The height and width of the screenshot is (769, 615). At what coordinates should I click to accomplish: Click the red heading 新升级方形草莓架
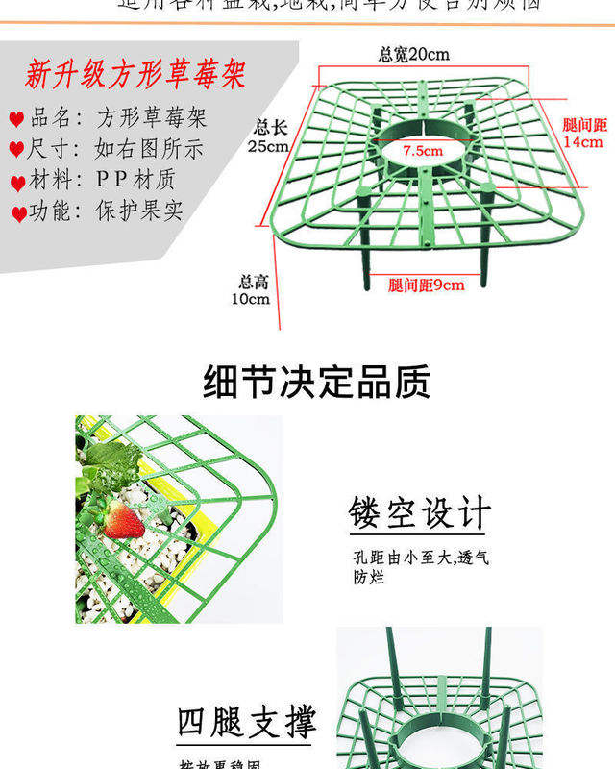coord(135,75)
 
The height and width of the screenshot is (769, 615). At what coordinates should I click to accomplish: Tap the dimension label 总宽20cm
coord(414,55)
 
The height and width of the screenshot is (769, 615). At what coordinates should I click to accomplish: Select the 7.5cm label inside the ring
coord(423,151)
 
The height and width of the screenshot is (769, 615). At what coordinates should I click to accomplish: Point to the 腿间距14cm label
coord(583,134)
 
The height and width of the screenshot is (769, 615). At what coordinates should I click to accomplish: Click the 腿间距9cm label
coord(426,285)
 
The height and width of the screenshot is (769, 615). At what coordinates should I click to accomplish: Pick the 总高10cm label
coord(254,290)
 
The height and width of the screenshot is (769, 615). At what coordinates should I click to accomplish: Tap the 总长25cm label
coord(268,136)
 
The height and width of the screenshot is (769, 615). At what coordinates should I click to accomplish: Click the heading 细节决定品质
coord(317,382)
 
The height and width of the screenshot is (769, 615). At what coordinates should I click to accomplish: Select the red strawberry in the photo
coord(123,519)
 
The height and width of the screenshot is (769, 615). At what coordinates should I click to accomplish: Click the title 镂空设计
coord(419,513)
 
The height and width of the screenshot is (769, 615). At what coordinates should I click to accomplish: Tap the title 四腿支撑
coord(246,723)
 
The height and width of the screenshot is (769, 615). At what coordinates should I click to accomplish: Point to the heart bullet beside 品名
coord(16,120)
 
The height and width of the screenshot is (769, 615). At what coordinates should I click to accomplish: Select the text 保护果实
coord(139,211)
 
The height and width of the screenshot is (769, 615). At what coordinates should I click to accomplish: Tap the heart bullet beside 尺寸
coord(16,151)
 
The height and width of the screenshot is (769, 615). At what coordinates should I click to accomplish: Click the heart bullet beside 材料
coord(17,183)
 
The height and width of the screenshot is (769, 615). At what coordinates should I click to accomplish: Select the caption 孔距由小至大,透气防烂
coord(420,567)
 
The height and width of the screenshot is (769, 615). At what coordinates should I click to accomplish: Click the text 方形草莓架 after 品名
coord(151,118)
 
